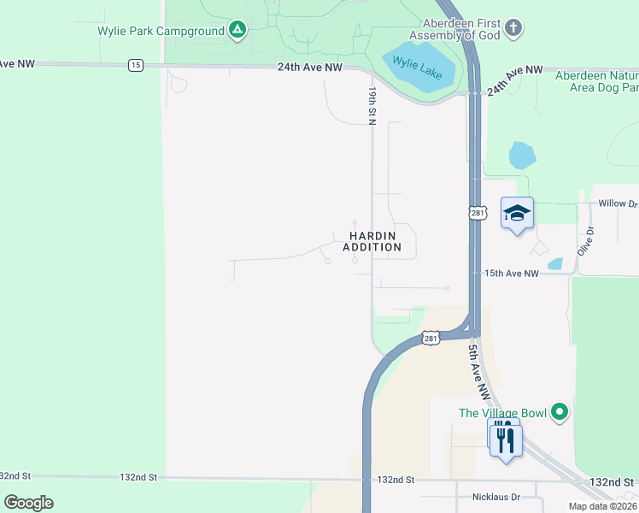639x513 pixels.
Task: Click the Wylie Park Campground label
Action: click(160, 32)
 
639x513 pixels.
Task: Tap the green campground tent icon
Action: click(237, 32)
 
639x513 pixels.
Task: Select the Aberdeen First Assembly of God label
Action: click(453, 28)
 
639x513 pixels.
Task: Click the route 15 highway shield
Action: click(135, 64)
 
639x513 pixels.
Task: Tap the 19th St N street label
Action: click(372, 105)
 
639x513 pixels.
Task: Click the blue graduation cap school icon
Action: click(517, 212)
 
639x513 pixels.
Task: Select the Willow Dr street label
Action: click(618, 203)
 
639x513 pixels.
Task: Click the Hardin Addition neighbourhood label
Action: click(372, 241)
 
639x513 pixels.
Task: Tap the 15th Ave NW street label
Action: click(512, 274)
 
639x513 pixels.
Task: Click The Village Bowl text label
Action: click(501, 413)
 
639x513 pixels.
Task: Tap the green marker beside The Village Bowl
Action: click(560, 413)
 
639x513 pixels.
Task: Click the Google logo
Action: click(28, 503)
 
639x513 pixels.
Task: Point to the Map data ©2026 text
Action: click(602, 506)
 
